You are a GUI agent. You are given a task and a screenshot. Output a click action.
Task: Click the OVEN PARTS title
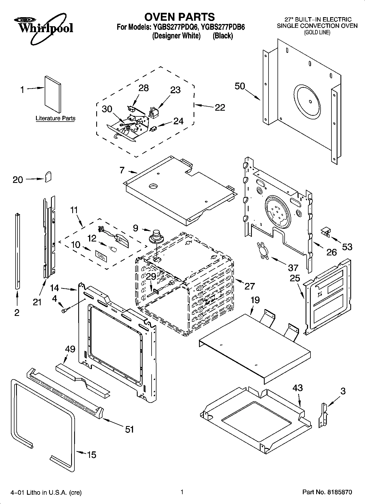click(x=180, y=17)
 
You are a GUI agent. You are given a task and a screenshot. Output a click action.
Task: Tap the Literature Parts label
click(x=55, y=118)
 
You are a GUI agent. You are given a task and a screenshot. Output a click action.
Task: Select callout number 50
click(x=240, y=86)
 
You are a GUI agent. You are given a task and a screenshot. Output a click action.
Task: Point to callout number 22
click(x=220, y=107)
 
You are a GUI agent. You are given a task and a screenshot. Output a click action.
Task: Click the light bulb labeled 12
click(x=112, y=249)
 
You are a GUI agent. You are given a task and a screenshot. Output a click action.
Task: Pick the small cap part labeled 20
click(x=48, y=177)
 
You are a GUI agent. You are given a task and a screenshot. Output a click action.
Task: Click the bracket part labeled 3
click(x=324, y=415)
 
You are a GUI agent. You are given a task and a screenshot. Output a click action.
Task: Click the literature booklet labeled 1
click(x=53, y=94)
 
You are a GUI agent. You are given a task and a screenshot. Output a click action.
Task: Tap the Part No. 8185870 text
click(x=327, y=492)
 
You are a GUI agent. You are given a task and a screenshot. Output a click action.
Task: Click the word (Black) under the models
click(x=223, y=36)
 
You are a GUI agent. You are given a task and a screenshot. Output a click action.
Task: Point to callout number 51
click(x=129, y=429)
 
